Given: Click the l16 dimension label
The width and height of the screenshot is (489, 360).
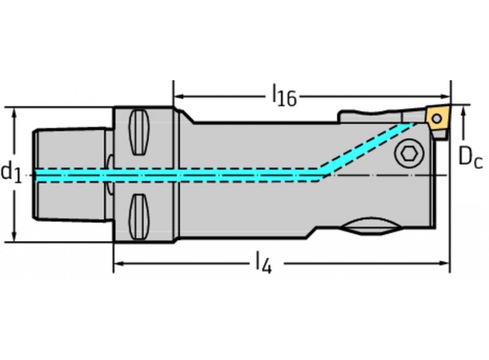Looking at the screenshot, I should click(x=284, y=95).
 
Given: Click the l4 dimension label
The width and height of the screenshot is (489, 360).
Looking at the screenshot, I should click(x=264, y=264).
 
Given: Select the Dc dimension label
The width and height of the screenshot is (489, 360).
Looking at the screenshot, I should click(x=470, y=157).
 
